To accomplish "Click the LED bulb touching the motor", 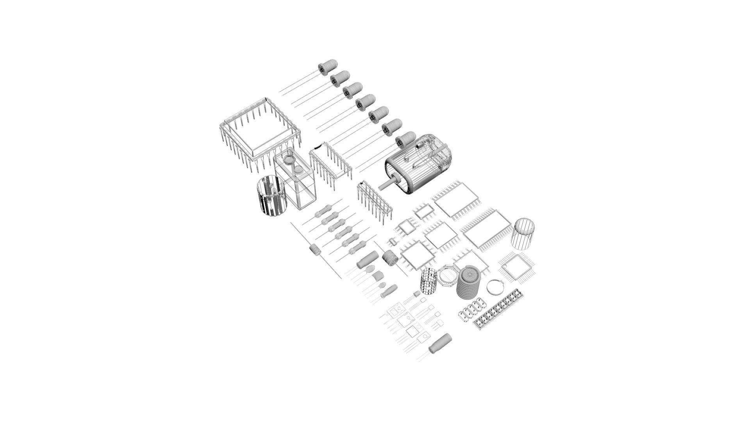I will coord(405,139).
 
